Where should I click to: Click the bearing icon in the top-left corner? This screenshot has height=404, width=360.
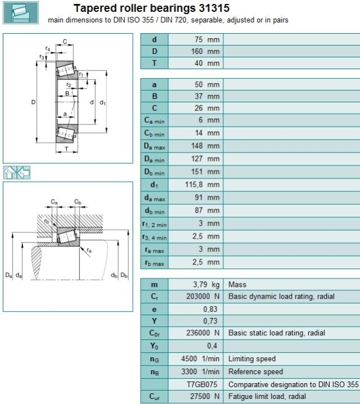coord(21,12)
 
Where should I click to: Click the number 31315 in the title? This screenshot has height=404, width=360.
coord(214,8)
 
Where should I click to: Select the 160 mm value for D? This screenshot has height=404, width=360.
coord(205,51)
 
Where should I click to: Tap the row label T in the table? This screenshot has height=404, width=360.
coord(154,63)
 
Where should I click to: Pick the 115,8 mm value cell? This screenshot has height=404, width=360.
coord(202,185)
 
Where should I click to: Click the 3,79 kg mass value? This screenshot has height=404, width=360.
coord(206,285)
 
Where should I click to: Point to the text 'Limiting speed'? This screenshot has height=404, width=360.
coord(252,358)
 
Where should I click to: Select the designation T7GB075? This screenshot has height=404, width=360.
coord(202,384)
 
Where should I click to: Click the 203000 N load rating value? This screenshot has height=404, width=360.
coord(203,297)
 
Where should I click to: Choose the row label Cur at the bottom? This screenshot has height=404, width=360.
coord(154,397)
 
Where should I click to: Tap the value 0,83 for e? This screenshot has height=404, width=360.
coord(210,309)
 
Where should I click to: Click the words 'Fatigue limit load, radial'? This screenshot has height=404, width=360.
coord(267,396)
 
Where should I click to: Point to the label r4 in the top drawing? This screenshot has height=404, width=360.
coord(48,48)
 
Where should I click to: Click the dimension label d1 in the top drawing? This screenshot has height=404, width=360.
coord(102,102)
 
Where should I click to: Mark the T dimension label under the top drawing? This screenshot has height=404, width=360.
coord(67,149)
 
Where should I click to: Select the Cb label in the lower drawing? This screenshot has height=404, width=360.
coord(78,201)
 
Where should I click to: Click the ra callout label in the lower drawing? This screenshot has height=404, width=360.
coord(89,250)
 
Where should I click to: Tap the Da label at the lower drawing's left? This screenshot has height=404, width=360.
coord(8,275)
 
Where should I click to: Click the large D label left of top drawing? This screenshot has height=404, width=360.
coord(33,102)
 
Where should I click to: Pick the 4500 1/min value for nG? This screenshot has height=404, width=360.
coord(200,358)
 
